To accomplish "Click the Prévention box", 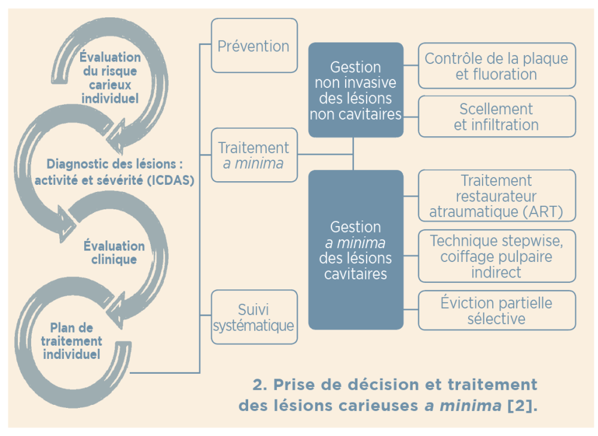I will (x=254, y=46).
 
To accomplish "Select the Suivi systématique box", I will (x=254, y=317).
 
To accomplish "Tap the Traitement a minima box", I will (x=254, y=155).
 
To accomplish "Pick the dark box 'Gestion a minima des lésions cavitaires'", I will (x=355, y=250).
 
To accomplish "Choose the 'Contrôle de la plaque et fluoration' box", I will (x=496, y=66).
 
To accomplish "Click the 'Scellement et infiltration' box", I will (x=496, y=117).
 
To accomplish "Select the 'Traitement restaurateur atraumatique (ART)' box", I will (x=496, y=196).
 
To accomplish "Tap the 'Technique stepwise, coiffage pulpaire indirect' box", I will (x=496, y=256).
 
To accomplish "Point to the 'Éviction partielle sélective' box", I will (x=496, y=310).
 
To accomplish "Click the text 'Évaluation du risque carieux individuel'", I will (x=111, y=78).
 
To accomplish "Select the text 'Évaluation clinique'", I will (x=114, y=252).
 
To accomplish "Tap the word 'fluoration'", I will (x=504, y=74).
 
